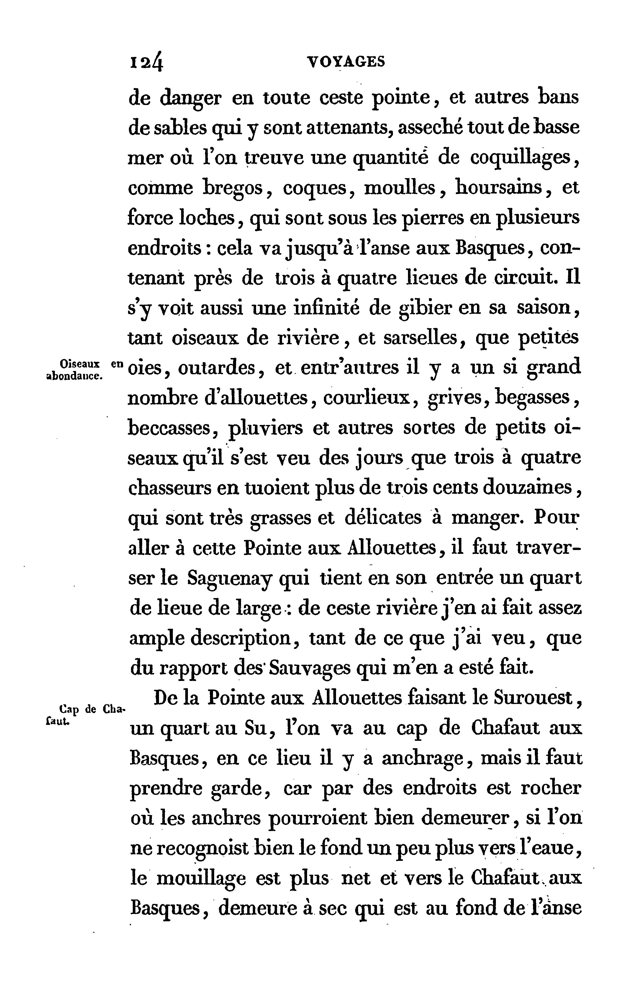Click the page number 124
tap(147, 63)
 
